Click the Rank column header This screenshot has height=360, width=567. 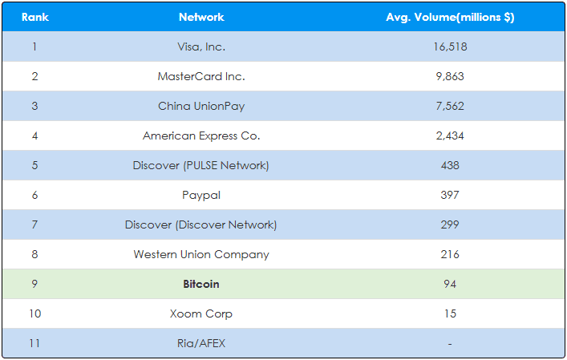pyautogui.click(x=35, y=17)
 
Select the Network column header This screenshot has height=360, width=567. pyautogui.click(x=201, y=17)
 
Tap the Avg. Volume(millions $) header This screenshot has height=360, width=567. pyautogui.click(x=450, y=18)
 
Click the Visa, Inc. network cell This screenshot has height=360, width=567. pyautogui.click(x=201, y=47)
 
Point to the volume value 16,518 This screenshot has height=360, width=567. pyautogui.click(x=450, y=47)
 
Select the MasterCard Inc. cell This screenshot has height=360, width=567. pyautogui.click(x=201, y=76)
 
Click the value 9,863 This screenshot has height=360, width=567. pyautogui.click(x=450, y=76)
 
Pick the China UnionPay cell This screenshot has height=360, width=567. pyautogui.click(x=201, y=107)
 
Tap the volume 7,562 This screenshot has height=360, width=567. pyautogui.click(x=450, y=106)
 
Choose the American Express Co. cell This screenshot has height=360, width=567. pyautogui.click(x=201, y=136)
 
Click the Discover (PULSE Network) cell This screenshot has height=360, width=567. pyautogui.click(x=201, y=165)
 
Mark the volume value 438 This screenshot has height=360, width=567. pyautogui.click(x=450, y=165)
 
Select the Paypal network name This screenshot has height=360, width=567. pyautogui.click(x=201, y=196)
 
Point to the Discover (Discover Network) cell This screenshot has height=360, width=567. pyautogui.click(x=201, y=224)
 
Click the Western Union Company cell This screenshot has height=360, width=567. pyautogui.click(x=201, y=254)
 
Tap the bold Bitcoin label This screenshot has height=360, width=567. pyautogui.click(x=201, y=284)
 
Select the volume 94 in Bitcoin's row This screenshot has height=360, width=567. pyautogui.click(x=450, y=284)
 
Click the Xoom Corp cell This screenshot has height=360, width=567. pyautogui.click(x=201, y=314)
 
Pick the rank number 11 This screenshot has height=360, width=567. pyautogui.click(x=35, y=343)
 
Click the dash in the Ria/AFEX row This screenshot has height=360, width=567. pyautogui.click(x=450, y=344)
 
